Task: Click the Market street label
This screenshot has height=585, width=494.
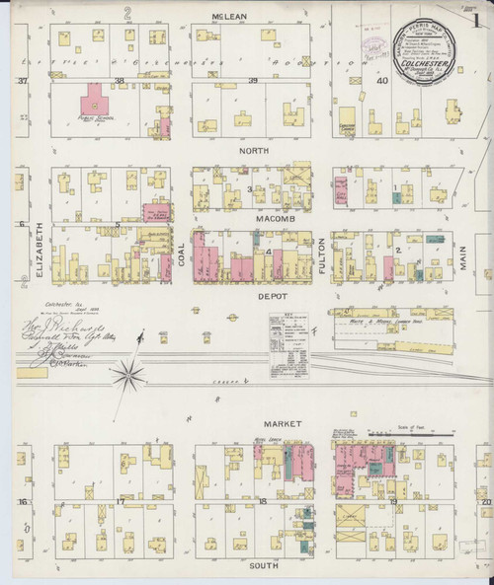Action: [260, 423]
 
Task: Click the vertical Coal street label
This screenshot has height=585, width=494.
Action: [181, 253]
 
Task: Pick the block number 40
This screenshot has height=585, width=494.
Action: [382, 82]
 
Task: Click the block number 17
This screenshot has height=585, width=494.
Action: [120, 502]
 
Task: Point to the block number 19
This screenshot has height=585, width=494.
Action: [392, 502]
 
